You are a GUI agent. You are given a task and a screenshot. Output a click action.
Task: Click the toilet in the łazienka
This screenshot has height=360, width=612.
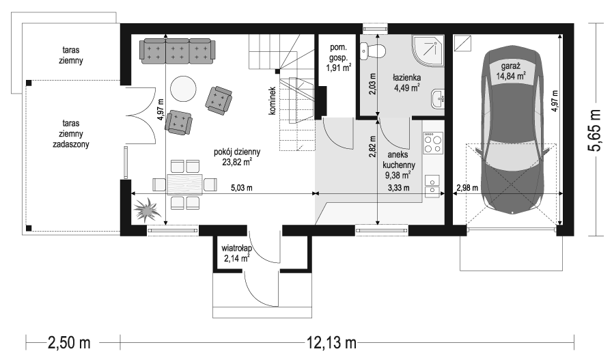(x=372, y=51)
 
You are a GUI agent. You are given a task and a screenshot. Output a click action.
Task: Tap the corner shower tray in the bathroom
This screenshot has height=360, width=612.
(x=428, y=49)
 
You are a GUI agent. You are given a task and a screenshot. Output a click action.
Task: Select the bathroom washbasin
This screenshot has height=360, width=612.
(x=438, y=98)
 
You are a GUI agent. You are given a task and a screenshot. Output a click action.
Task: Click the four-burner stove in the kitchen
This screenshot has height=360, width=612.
(x=433, y=143)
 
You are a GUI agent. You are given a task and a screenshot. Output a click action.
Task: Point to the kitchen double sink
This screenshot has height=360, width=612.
(x=432, y=185)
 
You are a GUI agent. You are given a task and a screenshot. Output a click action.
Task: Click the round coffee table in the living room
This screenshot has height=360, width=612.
(x=182, y=88)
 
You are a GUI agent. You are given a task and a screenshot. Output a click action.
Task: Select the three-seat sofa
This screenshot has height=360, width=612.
(x=178, y=51)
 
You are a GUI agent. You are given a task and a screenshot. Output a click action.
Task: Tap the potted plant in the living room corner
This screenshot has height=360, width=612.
(x=146, y=210)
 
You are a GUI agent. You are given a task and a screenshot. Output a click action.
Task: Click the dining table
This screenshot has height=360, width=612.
(x=184, y=184)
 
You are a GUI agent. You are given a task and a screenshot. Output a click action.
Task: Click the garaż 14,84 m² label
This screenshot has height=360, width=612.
(x=510, y=72)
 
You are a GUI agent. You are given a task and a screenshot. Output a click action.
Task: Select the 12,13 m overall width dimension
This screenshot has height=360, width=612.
(x=331, y=343)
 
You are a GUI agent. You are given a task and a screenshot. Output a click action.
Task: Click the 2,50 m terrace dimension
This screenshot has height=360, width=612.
(x=69, y=343)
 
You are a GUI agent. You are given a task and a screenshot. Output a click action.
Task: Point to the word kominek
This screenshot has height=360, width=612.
(x=272, y=100)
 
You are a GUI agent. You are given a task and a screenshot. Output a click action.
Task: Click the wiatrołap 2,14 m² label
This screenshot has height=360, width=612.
(x=236, y=253)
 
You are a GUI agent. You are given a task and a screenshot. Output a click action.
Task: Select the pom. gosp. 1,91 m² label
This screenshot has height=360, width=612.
(x=338, y=58)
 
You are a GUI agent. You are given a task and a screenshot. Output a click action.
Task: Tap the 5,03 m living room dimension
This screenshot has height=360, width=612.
(x=242, y=188)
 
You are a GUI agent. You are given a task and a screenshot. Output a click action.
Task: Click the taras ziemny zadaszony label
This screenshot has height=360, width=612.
(x=71, y=133)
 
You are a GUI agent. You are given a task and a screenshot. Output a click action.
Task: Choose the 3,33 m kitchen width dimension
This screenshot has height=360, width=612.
(x=398, y=188)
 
